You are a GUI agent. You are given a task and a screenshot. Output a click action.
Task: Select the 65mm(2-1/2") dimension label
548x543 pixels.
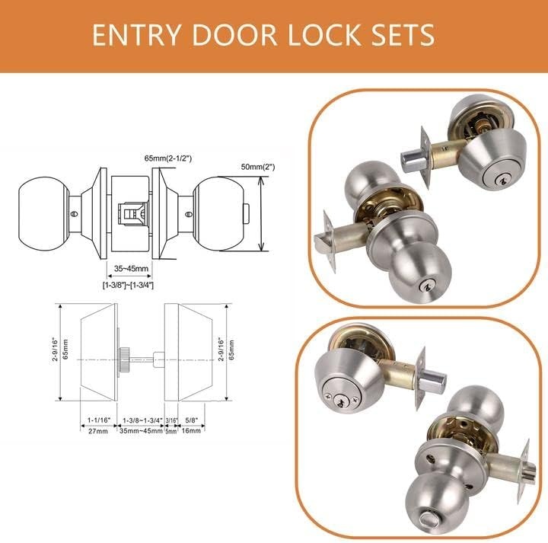point(168,158)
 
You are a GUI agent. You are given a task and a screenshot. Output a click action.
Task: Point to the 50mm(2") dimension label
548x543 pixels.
point(258,167)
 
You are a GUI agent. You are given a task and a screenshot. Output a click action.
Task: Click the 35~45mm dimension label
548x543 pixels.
point(131,269)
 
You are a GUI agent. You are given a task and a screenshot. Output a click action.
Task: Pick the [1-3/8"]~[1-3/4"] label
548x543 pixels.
point(128,285)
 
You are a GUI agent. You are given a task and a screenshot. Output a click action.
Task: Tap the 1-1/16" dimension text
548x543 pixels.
point(98,420)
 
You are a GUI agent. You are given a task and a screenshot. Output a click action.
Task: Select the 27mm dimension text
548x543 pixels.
point(98,431)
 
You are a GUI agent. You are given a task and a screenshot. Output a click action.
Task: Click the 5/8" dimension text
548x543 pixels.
point(192,420)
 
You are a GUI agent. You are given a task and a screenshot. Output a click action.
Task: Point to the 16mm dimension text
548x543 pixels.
point(191,430)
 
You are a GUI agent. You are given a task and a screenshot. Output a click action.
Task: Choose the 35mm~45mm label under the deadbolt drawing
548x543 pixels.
point(142,431)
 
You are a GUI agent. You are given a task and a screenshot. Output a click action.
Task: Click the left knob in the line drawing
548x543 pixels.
point(43,214)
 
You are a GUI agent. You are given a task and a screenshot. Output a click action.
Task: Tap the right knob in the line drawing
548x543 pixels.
point(218,214)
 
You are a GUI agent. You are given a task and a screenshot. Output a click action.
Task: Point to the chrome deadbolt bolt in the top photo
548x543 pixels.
point(413,161)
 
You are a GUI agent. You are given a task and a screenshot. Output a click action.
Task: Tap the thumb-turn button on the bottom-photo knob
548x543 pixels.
point(432,525)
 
